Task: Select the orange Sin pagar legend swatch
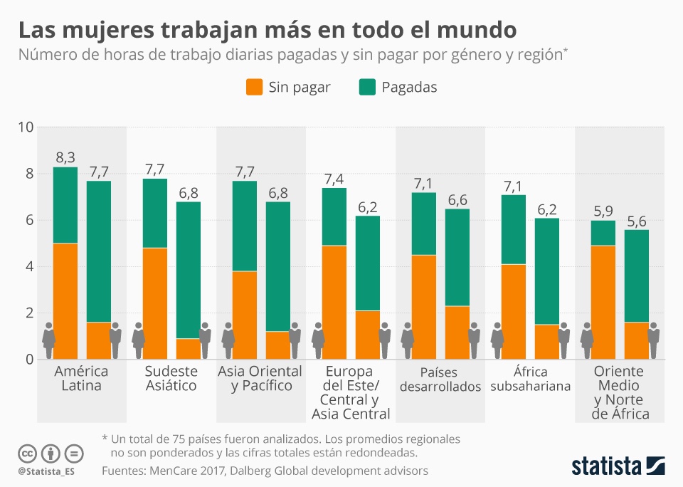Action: [255, 88]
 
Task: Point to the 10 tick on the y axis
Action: [26, 127]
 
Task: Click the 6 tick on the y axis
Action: [29, 220]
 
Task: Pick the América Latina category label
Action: [82, 379]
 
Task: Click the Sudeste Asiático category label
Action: [171, 379]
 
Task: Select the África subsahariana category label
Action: [530, 379]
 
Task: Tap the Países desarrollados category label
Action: [440, 379]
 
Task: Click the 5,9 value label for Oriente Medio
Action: [603, 211]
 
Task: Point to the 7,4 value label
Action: [334, 178]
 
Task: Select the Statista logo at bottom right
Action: [618, 466]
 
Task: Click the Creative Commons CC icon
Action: [28, 454]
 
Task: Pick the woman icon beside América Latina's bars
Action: [48, 340]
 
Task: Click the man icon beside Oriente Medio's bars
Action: [654, 340]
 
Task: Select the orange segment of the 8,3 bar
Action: [65, 300]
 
